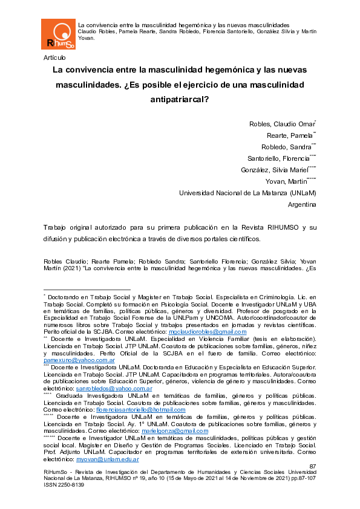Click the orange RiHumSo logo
[x=58, y=34]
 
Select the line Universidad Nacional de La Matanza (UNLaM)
[x=247, y=193]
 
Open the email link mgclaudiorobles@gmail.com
[x=200, y=332]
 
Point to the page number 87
[x=313, y=466]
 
